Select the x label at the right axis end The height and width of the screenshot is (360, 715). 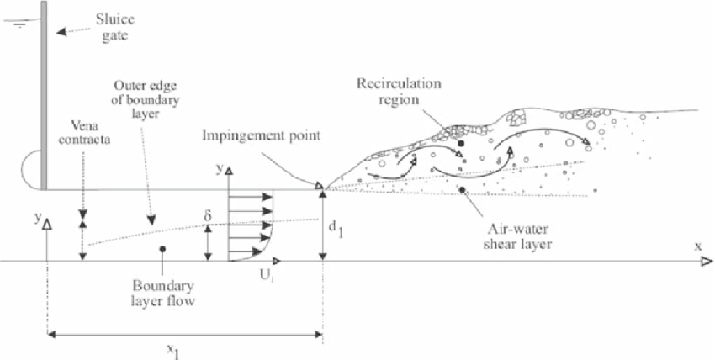pos(697,246)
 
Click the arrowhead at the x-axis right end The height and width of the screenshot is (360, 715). pos(708,262)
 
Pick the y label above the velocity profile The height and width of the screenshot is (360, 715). pos(219,168)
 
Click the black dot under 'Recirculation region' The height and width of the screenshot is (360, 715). pos(461,144)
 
